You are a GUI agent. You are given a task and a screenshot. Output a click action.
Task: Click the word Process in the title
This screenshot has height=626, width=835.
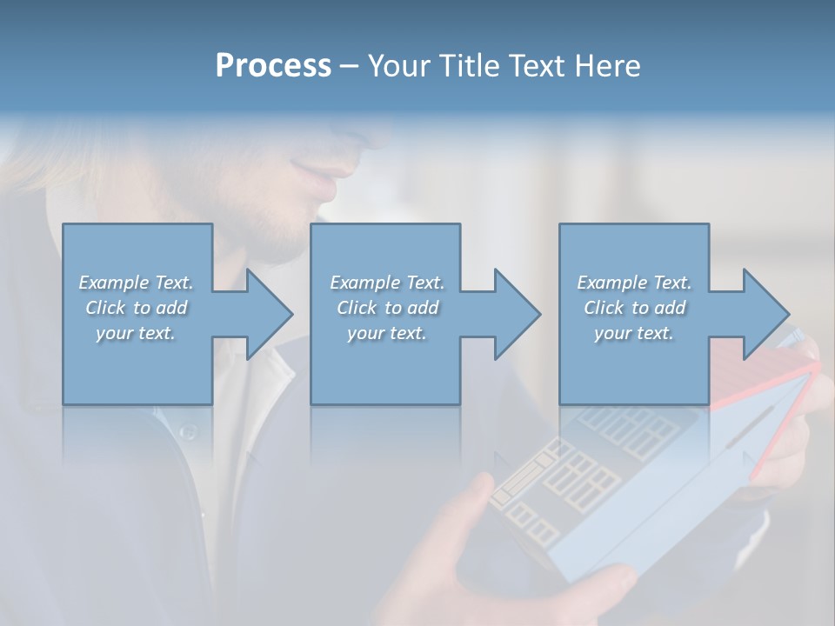coord(273,66)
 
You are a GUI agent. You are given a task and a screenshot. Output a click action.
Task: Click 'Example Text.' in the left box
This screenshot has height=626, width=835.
coord(136,283)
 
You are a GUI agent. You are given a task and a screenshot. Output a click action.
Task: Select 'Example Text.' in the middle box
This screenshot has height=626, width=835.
coord(386,283)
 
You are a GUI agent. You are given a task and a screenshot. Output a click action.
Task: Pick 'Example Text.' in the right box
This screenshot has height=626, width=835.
coord(634,283)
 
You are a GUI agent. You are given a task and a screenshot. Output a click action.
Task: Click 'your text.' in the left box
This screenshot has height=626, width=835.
coord(136,333)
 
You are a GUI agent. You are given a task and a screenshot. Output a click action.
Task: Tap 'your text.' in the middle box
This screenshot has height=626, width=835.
coord(386,333)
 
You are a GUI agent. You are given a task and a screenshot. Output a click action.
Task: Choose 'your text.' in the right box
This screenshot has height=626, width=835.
coord(634,333)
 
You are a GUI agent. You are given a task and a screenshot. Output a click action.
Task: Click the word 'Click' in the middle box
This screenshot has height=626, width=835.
coord(356,308)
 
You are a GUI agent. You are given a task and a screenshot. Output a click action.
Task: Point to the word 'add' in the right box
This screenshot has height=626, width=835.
coord(671,308)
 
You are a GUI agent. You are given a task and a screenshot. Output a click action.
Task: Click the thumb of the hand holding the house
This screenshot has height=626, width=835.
coord(474,496)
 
